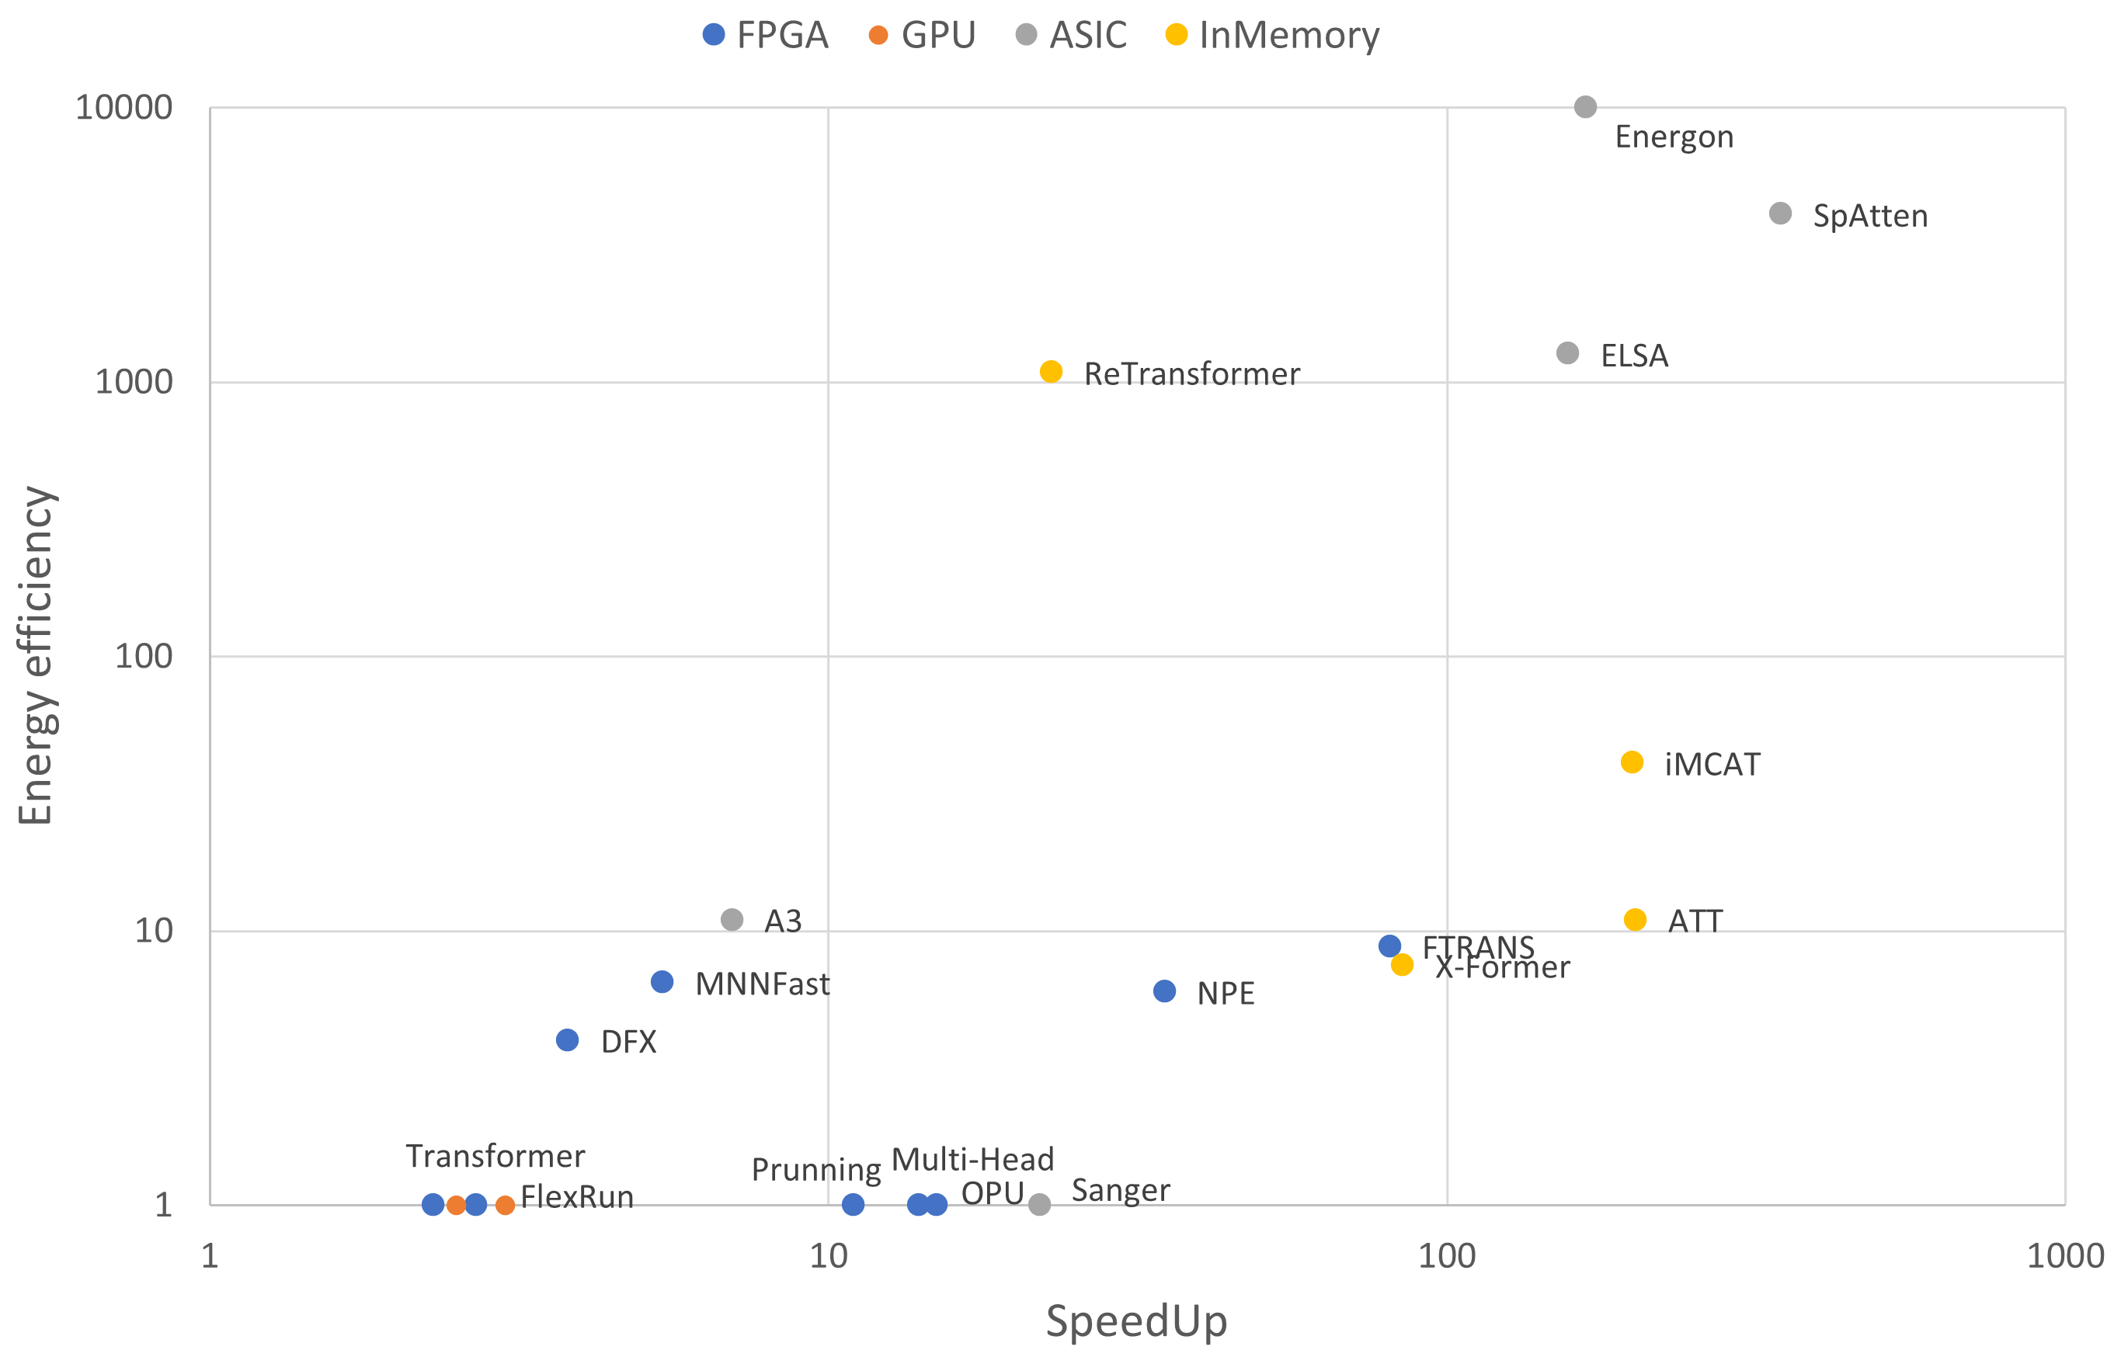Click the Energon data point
(x=1584, y=106)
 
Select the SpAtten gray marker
(x=1780, y=213)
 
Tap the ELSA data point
(x=1566, y=352)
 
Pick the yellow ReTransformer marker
(x=1050, y=371)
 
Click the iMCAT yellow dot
(x=1631, y=762)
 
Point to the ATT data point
(x=1634, y=919)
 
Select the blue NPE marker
(x=1163, y=991)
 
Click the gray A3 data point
(x=731, y=919)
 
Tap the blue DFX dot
(x=567, y=1039)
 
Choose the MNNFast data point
(x=661, y=980)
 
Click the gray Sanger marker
(x=1039, y=1203)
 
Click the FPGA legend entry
(x=764, y=35)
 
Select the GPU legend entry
(x=921, y=35)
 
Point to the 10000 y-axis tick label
(x=123, y=107)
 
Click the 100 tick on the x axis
(x=1446, y=1255)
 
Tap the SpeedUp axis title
(x=1135, y=1321)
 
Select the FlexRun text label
(x=576, y=1196)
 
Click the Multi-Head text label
(x=972, y=1159)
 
